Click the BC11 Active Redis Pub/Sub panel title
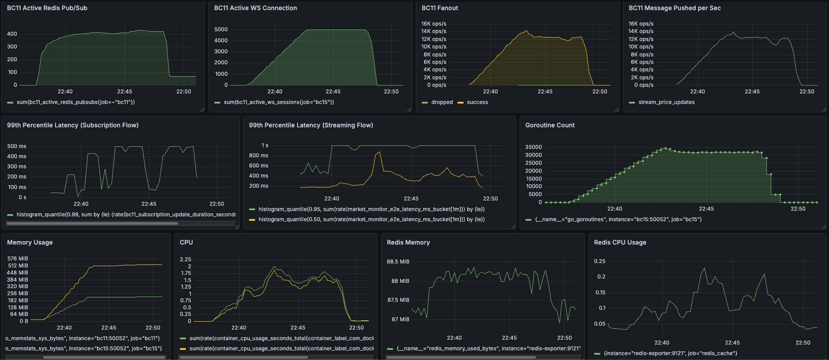(47, 8)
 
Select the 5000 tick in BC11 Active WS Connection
(221, 30)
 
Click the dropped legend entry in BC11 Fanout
(442, 102)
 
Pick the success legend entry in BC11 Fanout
(477, 102)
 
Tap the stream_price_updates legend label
(666, 102)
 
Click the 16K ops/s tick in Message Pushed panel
(641, 24)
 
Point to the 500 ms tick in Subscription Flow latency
(17, 146)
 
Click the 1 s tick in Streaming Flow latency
(264, 145)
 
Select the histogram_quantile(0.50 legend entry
(371, 219)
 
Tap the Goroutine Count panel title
(550, 125)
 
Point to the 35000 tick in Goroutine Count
(533, 147)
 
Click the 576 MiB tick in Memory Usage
(18, 259)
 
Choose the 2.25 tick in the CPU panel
(185, 260)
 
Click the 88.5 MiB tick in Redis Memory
(398, 262)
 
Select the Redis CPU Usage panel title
(620, 242)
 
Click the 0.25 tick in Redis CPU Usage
(599, 261)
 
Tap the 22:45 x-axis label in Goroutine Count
(706, 209)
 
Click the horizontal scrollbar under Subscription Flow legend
(93, 223)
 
